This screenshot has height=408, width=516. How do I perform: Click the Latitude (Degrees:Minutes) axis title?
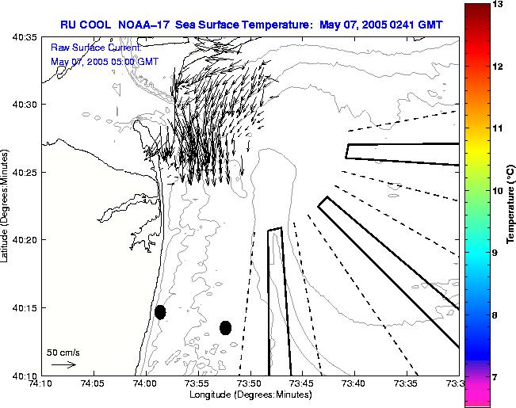click(x=6, y=204)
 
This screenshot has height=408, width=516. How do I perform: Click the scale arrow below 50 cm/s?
click(x=63, y=365)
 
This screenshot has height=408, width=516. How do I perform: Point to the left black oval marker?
click(x=160, y=312)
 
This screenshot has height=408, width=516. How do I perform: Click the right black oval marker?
click(x=225, y=327)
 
